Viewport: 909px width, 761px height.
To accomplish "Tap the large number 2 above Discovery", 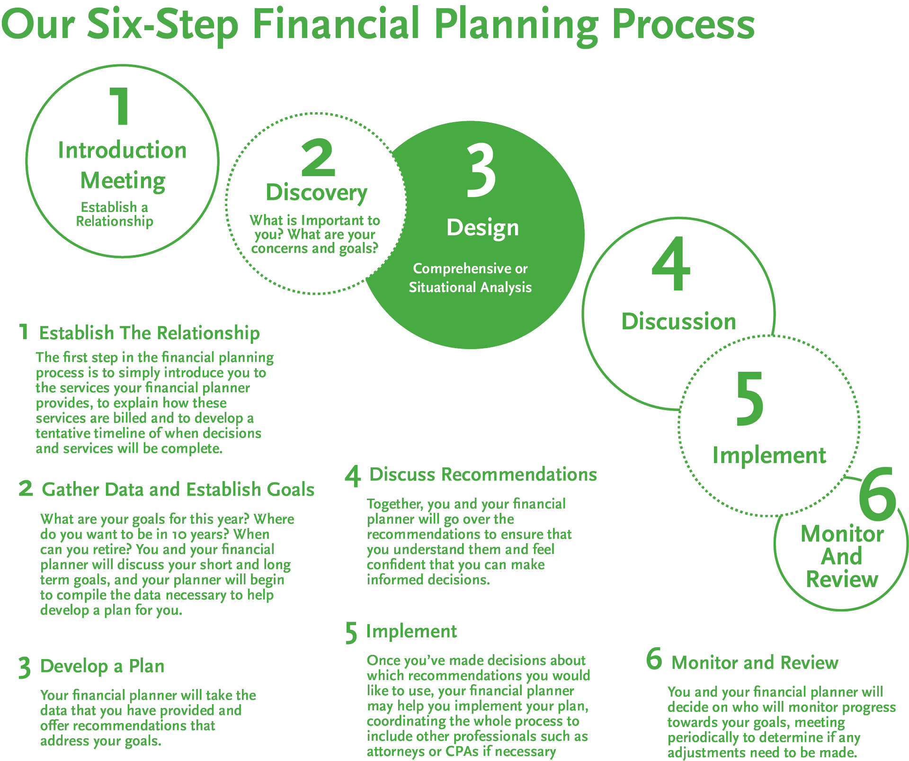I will tap(318, 158).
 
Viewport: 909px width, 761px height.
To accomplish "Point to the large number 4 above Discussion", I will tap(671, 264).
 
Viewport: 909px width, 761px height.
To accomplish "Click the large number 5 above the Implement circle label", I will tap(750, 398).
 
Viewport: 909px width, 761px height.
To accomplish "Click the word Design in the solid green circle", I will tap(482, 228).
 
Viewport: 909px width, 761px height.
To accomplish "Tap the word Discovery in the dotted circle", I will tap(316, 193).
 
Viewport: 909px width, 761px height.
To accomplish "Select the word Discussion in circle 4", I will tap(678, 322).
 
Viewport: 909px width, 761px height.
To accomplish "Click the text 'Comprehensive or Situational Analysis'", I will tap(470, 278).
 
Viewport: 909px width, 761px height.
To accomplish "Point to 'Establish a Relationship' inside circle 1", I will tap(115, 214).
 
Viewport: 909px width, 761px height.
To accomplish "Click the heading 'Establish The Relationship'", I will tap(149, 333).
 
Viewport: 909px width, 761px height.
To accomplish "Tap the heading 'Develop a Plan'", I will tap(102, 666).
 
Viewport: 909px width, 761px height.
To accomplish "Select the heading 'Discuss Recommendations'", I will tap(483, 475).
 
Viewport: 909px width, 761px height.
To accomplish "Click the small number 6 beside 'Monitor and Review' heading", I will tap(654, 659).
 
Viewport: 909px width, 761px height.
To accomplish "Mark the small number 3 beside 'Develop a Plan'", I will tap(25, 668).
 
